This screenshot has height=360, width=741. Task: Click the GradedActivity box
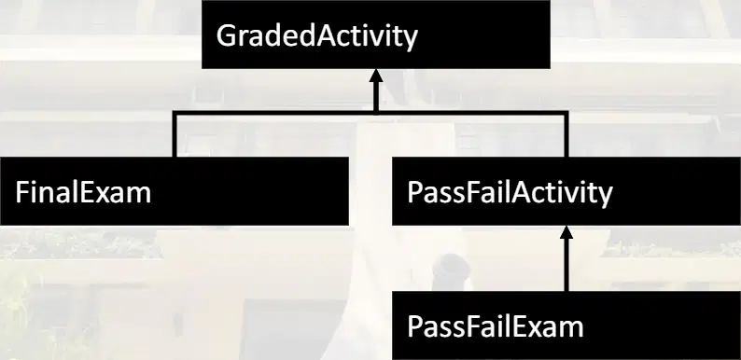(x=376, y=35)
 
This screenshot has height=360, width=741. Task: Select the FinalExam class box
(x=175, y=191)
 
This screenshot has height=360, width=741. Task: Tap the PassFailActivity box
(x=566, y=191)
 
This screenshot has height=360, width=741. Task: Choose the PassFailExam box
(x=566, y=325)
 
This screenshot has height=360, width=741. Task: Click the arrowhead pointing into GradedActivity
(x=376, y=76)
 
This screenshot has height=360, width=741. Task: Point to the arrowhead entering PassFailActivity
(x=566, y=232)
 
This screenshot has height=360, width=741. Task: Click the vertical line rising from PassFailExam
(x=566, y=265)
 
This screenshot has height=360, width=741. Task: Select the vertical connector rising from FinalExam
(x=175, y=135)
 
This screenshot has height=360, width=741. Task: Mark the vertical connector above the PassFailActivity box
(x=566, y=135)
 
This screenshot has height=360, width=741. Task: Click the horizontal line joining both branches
(x=370, y=113)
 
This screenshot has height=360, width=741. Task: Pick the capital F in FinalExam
(x=21, y=193)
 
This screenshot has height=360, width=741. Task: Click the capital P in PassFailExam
(x=414, y=326)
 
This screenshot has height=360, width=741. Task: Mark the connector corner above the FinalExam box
(x=175, y=113)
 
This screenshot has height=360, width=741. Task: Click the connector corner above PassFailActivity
(x=566, y=113)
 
